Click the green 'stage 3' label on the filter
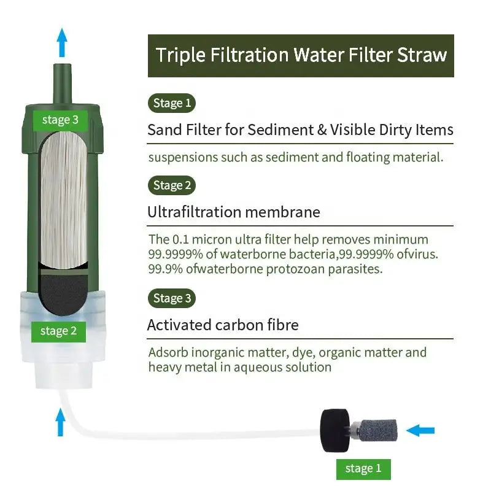pyautogui.click(x=60, y=120)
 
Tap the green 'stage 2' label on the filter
pyautogui.click(x=58, y=331)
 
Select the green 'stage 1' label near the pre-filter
pyautogui.click(x=363, y=468)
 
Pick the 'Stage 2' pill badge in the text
pyautogui.click(x=172, y=185)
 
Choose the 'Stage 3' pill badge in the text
pyautogui.click(x=172, y=298)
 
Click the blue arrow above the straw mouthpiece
pyautogui.click(x=61, y=42)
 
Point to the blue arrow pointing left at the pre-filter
pyautogui.click(x=420, y=430)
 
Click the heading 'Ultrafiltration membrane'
pyautogui.click(x=233, y=212)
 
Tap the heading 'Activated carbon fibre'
pyautogui.click(x=231, y=325)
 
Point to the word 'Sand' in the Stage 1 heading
pyautogui.click(x=162, y=130)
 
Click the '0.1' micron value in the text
pyautogui.click(x=180, y=239)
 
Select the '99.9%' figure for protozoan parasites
pyautogui.click(x=162, y=269)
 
